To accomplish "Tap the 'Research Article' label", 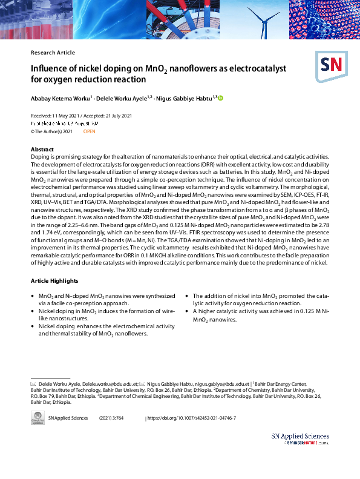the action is point(53,53).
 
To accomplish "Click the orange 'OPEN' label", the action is point(89,131).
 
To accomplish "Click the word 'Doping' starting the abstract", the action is point(40,156).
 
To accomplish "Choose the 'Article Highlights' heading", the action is point(54,281).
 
